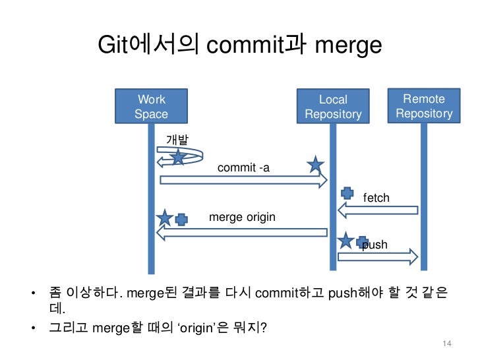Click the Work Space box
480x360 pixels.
pos(151,107)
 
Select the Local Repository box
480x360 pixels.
pos(333,107)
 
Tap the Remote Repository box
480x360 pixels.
pos(424,106)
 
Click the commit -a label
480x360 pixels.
pos(243,168)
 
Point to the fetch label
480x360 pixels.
pos(376,198)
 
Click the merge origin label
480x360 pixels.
pos(242,217)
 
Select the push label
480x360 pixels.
pos(375,245)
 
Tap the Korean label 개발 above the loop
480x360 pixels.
pos(176,140)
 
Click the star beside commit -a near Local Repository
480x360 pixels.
pos(316,164)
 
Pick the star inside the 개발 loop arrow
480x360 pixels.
pos(178,157)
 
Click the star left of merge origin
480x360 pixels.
pos(165,218)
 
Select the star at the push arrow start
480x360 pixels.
pos(345,240)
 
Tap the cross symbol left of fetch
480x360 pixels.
pos(347,193)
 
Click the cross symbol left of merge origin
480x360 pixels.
pos(182,219)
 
